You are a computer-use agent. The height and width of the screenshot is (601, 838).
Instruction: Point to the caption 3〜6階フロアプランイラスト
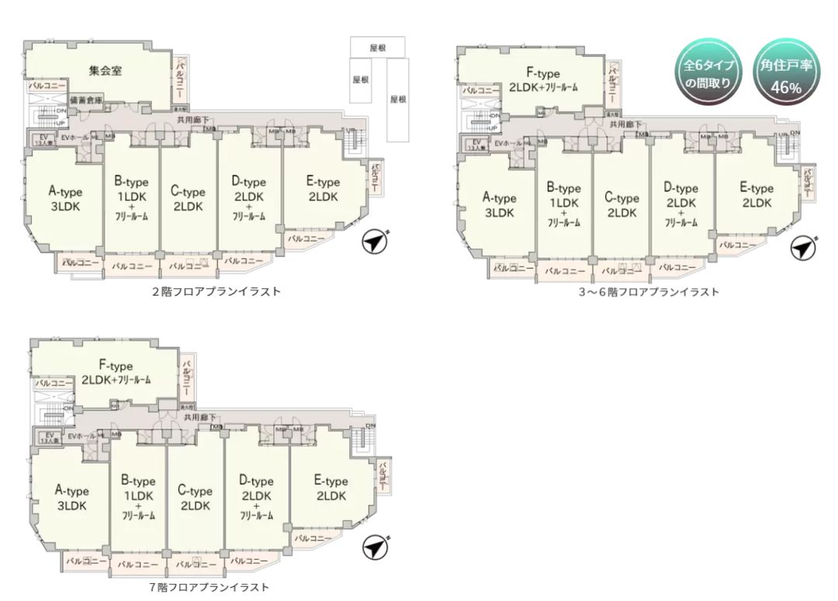tap(649, 292)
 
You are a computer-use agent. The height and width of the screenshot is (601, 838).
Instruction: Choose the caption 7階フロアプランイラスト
tap(209, 587)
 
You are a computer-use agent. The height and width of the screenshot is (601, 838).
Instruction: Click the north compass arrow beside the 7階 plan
tap(376, 547)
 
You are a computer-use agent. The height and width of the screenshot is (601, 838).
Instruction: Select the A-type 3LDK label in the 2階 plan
tap(66, 200)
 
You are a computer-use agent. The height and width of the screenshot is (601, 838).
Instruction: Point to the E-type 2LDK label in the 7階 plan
tap(331, 489)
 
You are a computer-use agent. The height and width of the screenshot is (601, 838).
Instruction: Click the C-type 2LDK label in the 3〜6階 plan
tap(622, 205)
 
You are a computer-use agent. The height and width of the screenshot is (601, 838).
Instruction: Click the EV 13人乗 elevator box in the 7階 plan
tap(47, 436)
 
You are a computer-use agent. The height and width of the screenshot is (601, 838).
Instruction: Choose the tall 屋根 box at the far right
tap(399, 99)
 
